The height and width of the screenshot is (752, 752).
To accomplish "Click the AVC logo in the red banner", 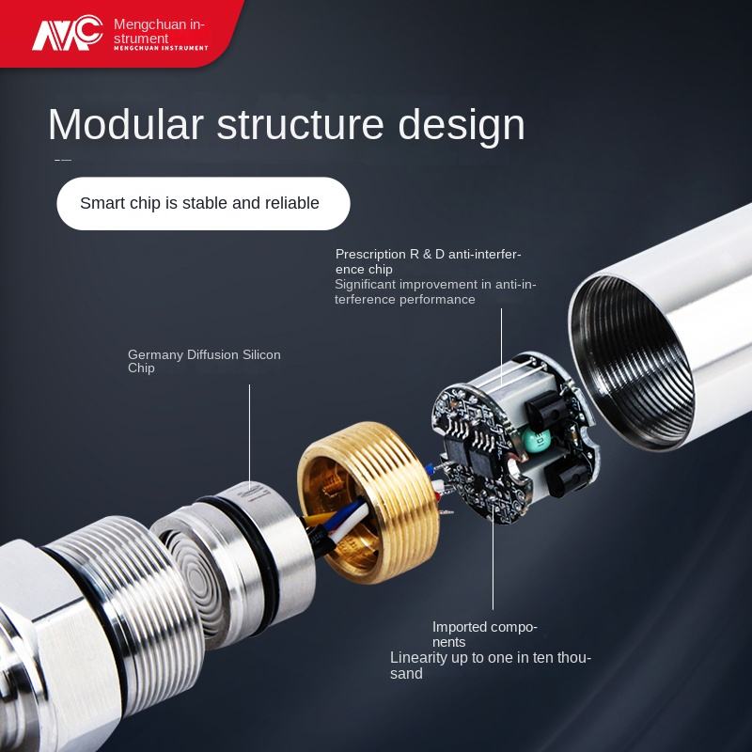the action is click(x=67, y=33).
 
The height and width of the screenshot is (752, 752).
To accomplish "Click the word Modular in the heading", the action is click(x=126, y=124).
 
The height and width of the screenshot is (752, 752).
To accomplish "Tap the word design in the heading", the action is click(x=462, y=127).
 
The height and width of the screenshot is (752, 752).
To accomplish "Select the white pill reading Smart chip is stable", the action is click(x=203, y=203).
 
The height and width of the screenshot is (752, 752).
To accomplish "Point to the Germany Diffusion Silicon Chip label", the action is click(x=204, y=361).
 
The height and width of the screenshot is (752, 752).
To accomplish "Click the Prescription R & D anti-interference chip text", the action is click(x=428, y=261).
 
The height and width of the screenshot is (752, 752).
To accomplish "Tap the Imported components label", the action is click(x=485, y=634).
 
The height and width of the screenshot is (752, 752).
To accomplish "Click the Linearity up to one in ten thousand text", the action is click(x=491, y=666).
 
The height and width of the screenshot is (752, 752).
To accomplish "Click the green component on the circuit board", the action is click(x=535, y=440).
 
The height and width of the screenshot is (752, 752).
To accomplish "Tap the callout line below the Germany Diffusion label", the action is click(x=249, y=436).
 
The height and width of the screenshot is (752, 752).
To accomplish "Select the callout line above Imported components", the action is click(x=493, y=556).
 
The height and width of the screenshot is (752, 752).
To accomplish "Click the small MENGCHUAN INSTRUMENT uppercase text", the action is click(x=161, y=48).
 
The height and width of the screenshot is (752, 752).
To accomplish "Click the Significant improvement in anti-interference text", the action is click(x=435, y=291).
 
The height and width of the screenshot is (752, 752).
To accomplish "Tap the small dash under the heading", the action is click(x=63, y=160).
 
